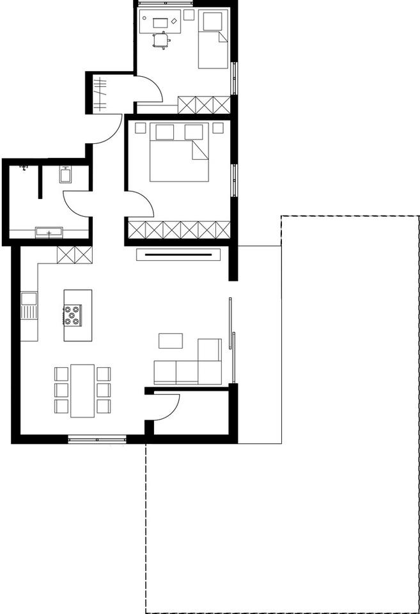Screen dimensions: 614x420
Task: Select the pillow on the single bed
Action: point(212,22)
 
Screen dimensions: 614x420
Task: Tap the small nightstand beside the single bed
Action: point(189,14)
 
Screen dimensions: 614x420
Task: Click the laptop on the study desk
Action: point(160,23)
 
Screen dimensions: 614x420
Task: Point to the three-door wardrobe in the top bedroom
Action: point(203,104)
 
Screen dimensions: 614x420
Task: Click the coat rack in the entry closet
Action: point(100,93)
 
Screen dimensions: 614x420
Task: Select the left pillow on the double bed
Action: point(165,132)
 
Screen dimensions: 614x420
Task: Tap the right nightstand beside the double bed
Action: point(218,127)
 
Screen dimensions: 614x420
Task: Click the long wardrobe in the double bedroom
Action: point(178,229)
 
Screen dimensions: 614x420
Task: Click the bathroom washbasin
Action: point(49,232)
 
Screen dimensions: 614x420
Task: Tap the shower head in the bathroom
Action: point(24,168)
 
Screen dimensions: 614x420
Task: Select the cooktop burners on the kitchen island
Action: point(72,315)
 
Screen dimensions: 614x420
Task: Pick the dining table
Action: point(82,390)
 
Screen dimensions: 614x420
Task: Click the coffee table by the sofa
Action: point(170,341)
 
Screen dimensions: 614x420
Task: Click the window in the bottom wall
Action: point(97,439)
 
